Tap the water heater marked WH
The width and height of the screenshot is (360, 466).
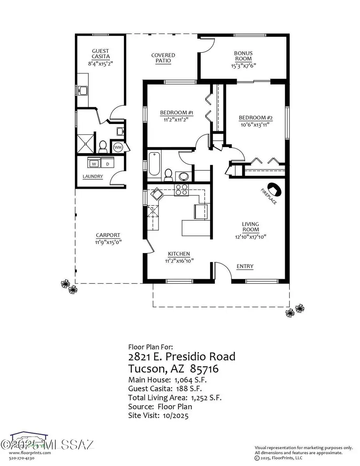point(118,147)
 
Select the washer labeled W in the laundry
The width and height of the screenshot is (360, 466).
point(94,164)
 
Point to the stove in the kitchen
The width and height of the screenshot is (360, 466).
point(181,190)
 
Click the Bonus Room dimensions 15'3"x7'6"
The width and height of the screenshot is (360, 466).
point(243,66)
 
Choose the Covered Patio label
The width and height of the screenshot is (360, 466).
point(163,58)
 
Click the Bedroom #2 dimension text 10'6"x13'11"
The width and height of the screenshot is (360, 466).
point(256,124)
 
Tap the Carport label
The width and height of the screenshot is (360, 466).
point(108,235)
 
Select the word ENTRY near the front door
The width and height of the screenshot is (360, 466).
point(245,266)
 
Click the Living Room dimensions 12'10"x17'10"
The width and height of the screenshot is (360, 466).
point(250,236)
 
